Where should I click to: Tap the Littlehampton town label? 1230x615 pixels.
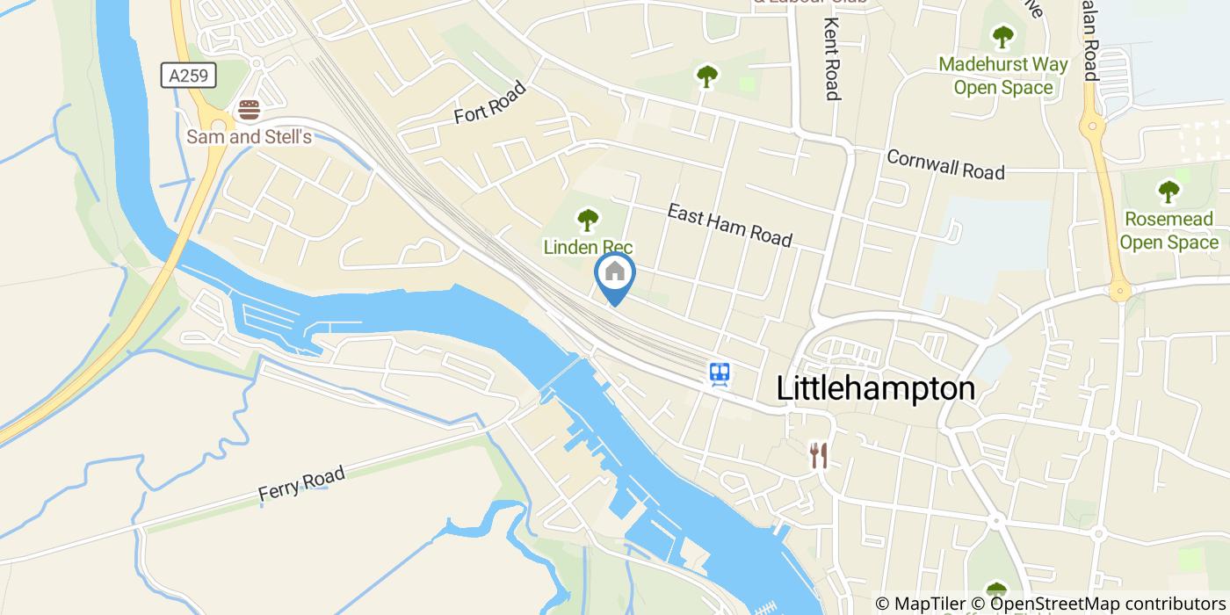[x=876, y=388]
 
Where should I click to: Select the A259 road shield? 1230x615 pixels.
[x=189, y=76]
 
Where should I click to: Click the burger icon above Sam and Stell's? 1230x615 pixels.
[x=250, y=111]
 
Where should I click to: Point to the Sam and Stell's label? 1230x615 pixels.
[x=249, y=137]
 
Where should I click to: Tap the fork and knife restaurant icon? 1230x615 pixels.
[x=819, y=455]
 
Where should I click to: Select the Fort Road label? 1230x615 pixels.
[x=489, y=103]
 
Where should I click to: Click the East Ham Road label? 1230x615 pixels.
[x=729, y=226]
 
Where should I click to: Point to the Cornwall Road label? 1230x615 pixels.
[x=945, y=164]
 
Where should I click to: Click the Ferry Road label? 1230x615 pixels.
[x=301, y=484]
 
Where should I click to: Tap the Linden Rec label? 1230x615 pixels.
[x=588, y=247]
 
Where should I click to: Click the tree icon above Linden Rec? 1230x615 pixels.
[x=588, y=220]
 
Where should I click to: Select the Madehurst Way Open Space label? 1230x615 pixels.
[x=1002, y=76]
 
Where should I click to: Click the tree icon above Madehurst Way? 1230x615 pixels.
[x=1002, y=37]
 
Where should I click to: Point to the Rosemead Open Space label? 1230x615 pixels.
[x=1168, y=230]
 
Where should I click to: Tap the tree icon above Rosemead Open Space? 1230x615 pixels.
[x=1168, y=191]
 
